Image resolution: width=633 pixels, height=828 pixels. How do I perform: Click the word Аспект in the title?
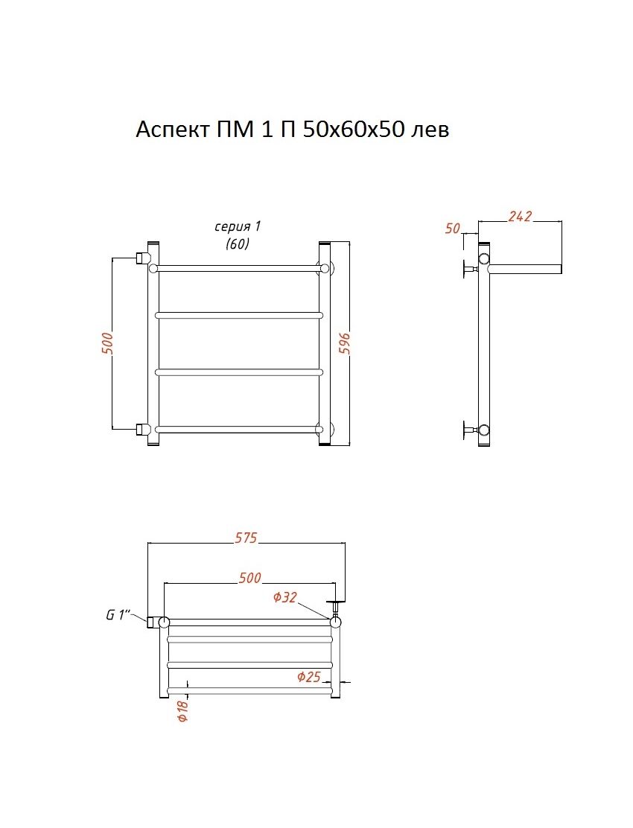[x=172, y=130]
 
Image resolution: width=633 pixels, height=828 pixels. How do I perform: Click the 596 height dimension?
[x=344, y=344]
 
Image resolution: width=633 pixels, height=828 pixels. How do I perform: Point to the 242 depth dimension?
[x=520, y=215]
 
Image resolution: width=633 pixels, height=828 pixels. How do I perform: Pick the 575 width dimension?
[x=246, y=537]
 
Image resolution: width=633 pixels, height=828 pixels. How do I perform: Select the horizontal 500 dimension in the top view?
[x=249, y=578]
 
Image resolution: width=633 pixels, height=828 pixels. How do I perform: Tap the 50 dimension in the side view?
[x=453, y=229]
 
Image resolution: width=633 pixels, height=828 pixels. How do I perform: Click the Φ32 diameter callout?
[x=285, y=597]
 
